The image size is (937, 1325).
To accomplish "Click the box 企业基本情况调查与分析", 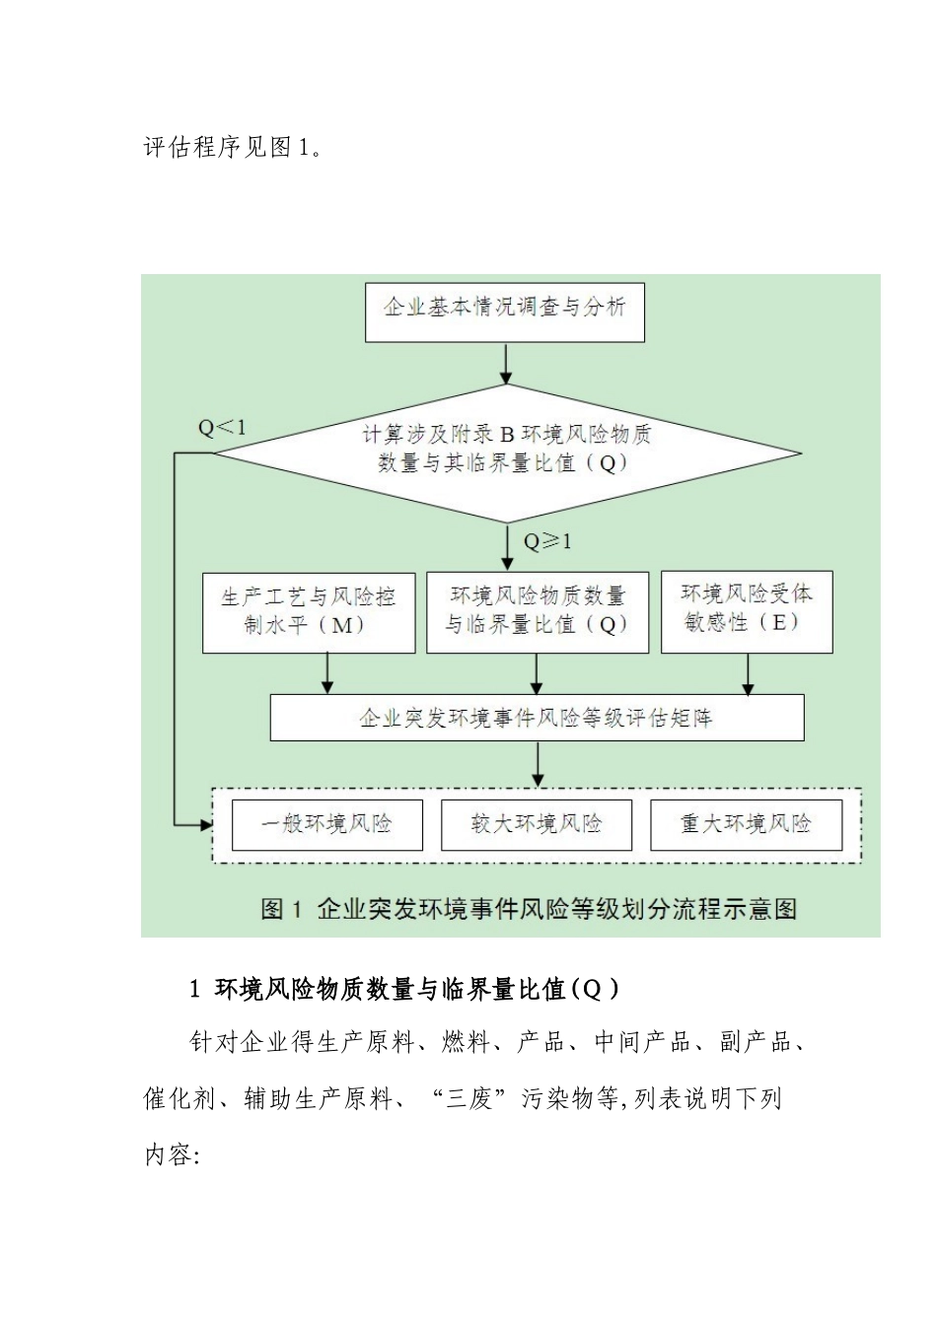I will tap(504, 313).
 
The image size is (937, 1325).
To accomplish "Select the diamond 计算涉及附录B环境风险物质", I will tap(506, 452).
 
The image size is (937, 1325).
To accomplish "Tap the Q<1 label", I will tap(222, 427).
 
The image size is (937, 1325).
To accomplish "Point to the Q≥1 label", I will tap(546, 541).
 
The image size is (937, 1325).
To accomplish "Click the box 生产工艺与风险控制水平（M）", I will tap(308, 611).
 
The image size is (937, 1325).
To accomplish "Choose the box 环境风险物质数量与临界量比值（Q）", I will tap(537, 611).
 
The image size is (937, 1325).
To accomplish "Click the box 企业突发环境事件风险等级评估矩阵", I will tap(537, 718).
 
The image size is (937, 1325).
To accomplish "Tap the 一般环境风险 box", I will tap(326, 824).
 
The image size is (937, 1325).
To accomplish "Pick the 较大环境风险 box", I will tap(536, 824).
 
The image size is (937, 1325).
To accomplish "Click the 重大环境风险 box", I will tap(746, 824).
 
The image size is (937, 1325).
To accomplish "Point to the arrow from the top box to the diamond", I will tap(506, 364).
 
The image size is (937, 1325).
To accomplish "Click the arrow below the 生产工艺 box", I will tap(327, 674).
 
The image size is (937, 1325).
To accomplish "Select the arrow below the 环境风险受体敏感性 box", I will tap(748, 675).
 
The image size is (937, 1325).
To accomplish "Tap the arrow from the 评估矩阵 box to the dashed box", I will tap(537, 763).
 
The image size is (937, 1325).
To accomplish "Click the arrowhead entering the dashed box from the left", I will tap(207, 824).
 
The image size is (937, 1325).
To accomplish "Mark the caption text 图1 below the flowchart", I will tap(528, 909).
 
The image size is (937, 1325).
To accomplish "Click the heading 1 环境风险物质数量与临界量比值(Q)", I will tap(404, 989).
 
